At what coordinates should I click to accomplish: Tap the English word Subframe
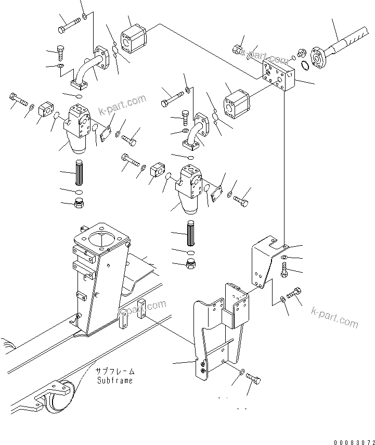tap(114, 380)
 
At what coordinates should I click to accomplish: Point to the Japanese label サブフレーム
tap(115, 372)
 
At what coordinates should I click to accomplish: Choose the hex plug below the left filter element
tap(80, 204)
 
